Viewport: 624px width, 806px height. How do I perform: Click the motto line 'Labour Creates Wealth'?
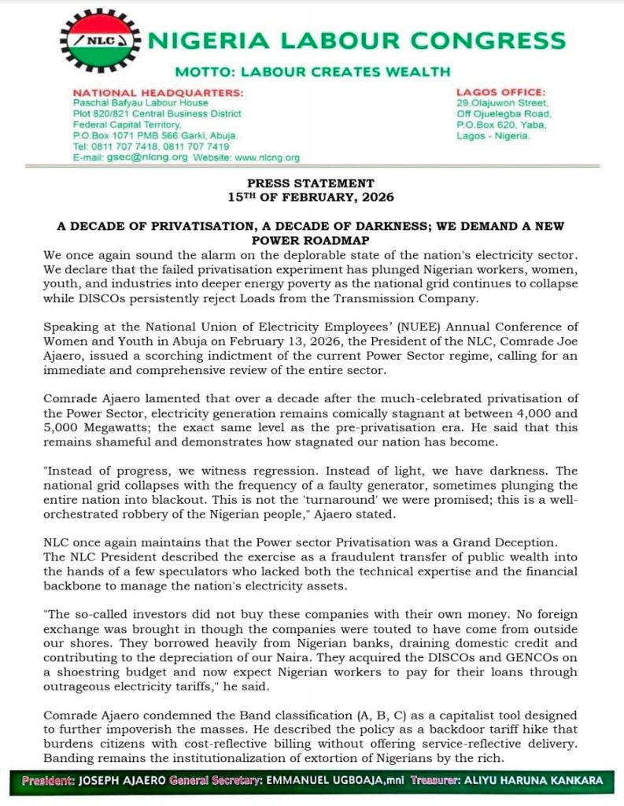pos(312,72)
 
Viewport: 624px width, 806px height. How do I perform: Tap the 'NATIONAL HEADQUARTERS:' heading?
pos(157,93)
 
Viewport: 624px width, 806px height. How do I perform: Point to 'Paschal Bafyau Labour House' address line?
pos(140,103)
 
